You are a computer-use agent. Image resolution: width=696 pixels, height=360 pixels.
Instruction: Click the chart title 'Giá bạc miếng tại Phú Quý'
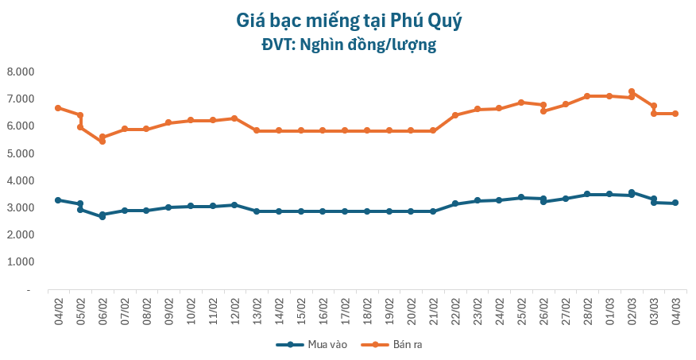click(348, 21)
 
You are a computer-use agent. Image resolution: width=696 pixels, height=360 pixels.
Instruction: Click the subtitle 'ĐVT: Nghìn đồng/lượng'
click(348, 45)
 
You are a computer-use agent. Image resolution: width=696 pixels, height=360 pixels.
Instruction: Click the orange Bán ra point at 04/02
click(58, 108)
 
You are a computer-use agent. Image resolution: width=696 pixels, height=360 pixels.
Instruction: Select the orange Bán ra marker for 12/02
click(234, 118)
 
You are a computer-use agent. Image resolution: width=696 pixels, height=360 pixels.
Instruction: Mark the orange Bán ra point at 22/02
click(455, 115)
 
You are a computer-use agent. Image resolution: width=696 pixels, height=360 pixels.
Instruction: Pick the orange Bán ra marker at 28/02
click(587, 96)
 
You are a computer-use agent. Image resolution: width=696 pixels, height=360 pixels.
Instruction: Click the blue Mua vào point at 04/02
click(58, 200)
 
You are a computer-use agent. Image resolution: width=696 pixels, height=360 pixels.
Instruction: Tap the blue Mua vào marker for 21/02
click(433, 211)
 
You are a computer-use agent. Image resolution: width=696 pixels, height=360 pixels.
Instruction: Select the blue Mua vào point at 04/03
click(675, 203)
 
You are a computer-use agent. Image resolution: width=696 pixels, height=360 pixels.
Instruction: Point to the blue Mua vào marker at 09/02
click(168, 207)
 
